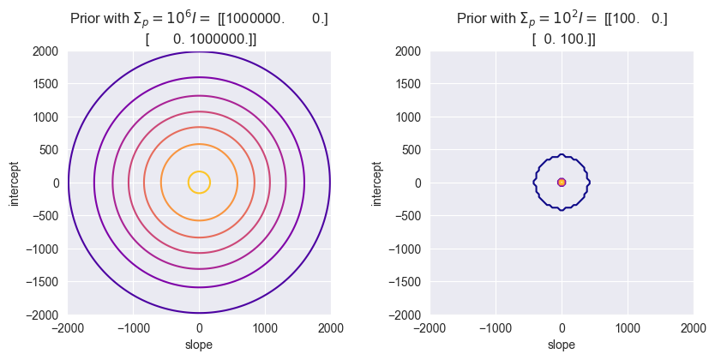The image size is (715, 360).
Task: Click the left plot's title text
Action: [199, 27]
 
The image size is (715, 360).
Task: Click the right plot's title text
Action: [562, 27]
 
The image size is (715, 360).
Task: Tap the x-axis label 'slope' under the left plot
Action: [199, 345]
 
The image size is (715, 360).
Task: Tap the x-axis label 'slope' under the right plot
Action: [562, 345]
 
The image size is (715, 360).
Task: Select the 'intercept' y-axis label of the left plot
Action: [13, 183]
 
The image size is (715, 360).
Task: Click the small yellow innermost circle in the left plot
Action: [199, 172]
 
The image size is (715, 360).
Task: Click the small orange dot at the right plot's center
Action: [562, 182]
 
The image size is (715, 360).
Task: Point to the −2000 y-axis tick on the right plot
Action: [408, 315]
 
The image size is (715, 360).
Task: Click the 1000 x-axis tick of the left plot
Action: [265, 327]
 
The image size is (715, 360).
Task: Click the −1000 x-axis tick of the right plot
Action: [496, 327]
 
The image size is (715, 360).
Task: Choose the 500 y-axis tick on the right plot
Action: [414, 150]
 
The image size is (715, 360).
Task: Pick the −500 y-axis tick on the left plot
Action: [49, 216]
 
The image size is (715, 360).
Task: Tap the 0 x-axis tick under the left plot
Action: [199, 327]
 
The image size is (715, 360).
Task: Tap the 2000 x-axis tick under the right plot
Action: [693, 327]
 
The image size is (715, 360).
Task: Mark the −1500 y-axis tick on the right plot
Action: [408, 282]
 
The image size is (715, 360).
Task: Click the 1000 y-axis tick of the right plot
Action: [412, 117]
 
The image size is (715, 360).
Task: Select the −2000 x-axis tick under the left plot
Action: [68, 327]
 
